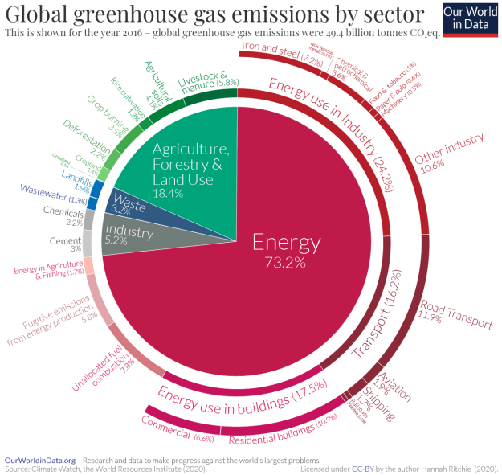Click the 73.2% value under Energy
point(287,262)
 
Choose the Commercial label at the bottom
point(165,427)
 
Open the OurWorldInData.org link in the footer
point(39,458)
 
